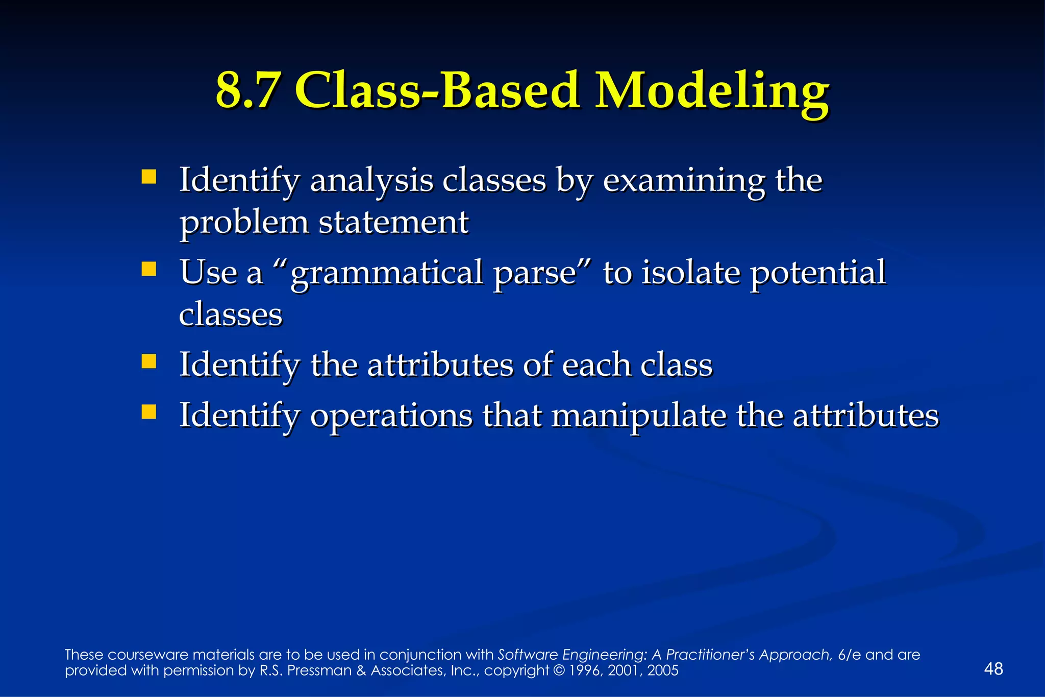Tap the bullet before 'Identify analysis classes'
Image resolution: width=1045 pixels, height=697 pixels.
pos(148,177)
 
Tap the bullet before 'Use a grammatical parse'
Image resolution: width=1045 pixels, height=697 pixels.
pos(148,269)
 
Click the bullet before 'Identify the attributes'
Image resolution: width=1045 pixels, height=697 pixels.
pos(148,362)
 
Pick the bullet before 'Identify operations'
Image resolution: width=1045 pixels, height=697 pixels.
pos(148,412)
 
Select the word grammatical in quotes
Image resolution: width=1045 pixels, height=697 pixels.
pos(386,273)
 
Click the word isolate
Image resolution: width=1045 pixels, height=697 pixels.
pos(690,273)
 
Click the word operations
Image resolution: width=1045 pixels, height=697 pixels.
pos(391,416)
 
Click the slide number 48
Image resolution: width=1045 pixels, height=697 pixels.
pos(993,669)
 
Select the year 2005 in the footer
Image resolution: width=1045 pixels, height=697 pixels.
pos(663,670)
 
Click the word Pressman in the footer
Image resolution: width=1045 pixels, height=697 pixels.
pos(319,670)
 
